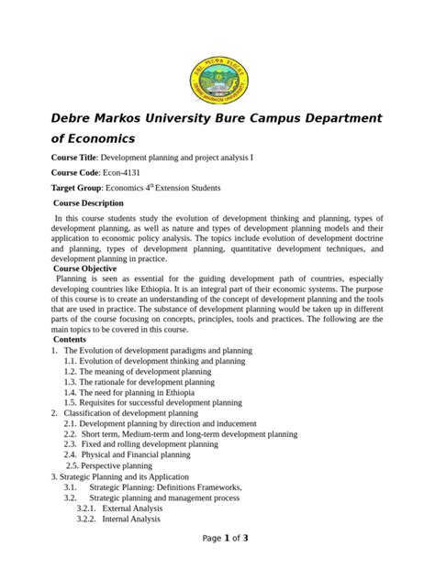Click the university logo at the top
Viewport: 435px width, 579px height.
[x=217, y=79]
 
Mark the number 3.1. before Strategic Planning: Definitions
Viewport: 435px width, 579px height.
[x=71, y=486]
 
